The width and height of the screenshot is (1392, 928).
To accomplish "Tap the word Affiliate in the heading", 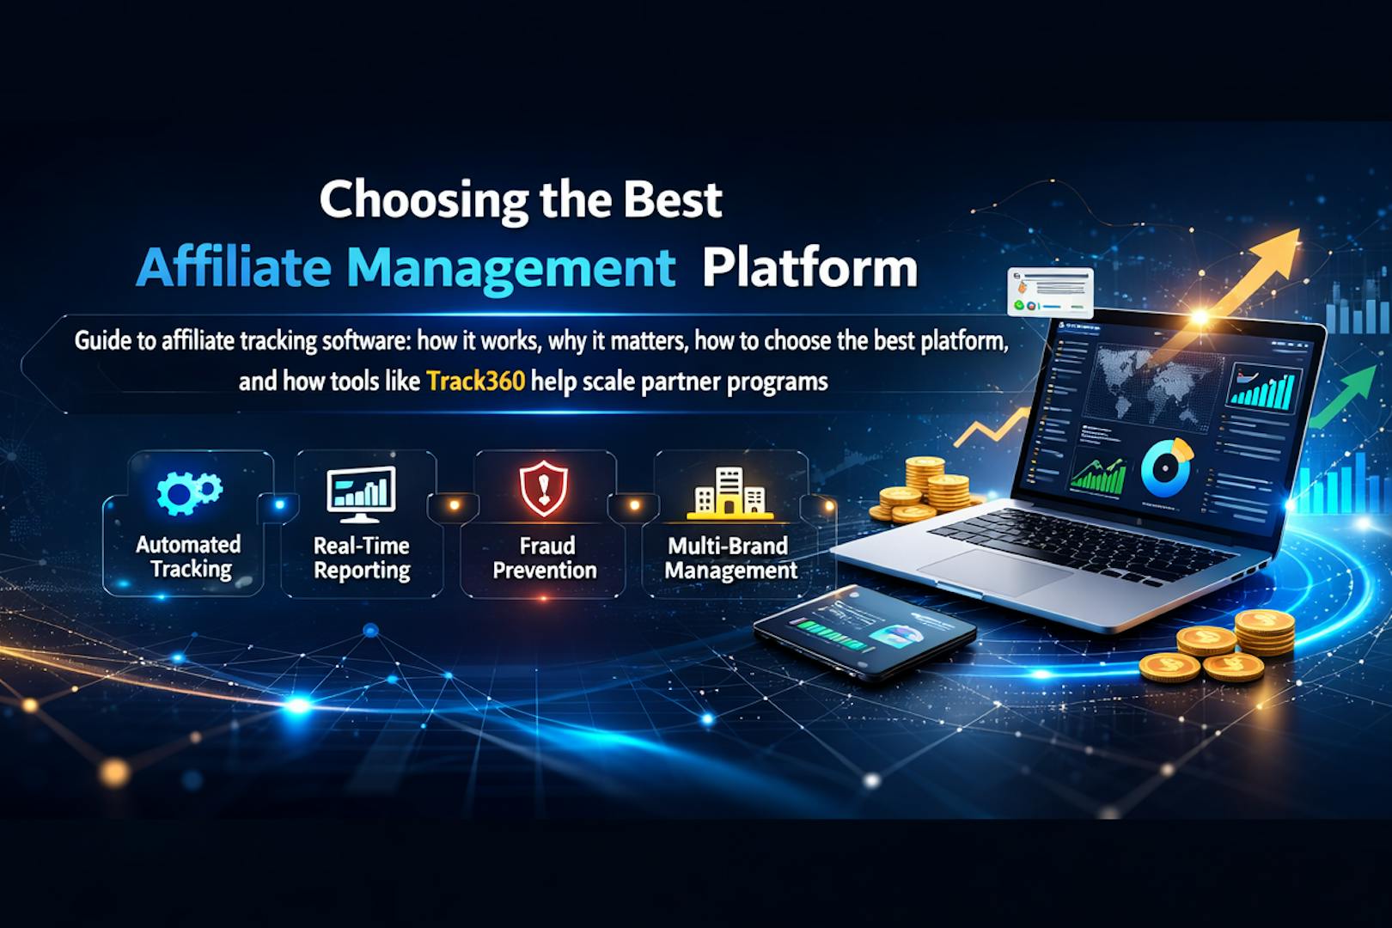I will point(233,268).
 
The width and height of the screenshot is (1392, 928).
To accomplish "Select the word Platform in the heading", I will point(809,268).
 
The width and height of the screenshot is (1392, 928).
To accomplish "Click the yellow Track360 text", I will point(475,381).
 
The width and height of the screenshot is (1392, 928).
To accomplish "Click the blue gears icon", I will point(188,492).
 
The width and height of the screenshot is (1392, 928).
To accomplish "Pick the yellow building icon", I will point(730,493).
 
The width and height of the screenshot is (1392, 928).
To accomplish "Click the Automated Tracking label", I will point(188,557).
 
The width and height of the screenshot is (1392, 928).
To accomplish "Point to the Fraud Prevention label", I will point(545,558).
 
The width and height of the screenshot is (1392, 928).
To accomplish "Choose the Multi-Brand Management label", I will point(730,558).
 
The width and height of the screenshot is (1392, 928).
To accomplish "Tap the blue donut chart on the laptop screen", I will point(1165,467).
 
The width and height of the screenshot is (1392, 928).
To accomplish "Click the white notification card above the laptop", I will point(1050,291).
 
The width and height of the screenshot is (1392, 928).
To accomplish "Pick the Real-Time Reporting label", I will point(361,558).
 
